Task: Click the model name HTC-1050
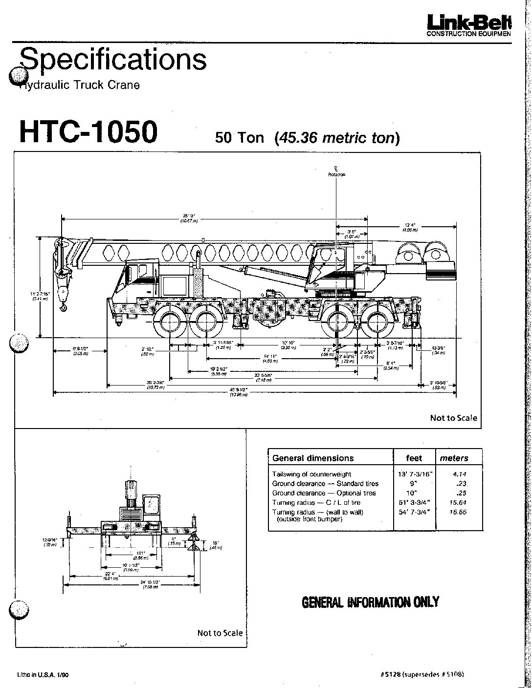[89, 132]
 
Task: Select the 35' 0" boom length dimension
[188, 215]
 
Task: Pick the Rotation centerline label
[336, 174]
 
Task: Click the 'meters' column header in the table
[454, 458]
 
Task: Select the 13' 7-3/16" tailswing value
[414, 474]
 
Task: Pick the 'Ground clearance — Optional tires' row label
[324, 493]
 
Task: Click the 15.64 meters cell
[459, 502]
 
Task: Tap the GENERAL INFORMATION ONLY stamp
[370, 602]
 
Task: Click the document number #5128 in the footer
[391, 674]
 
